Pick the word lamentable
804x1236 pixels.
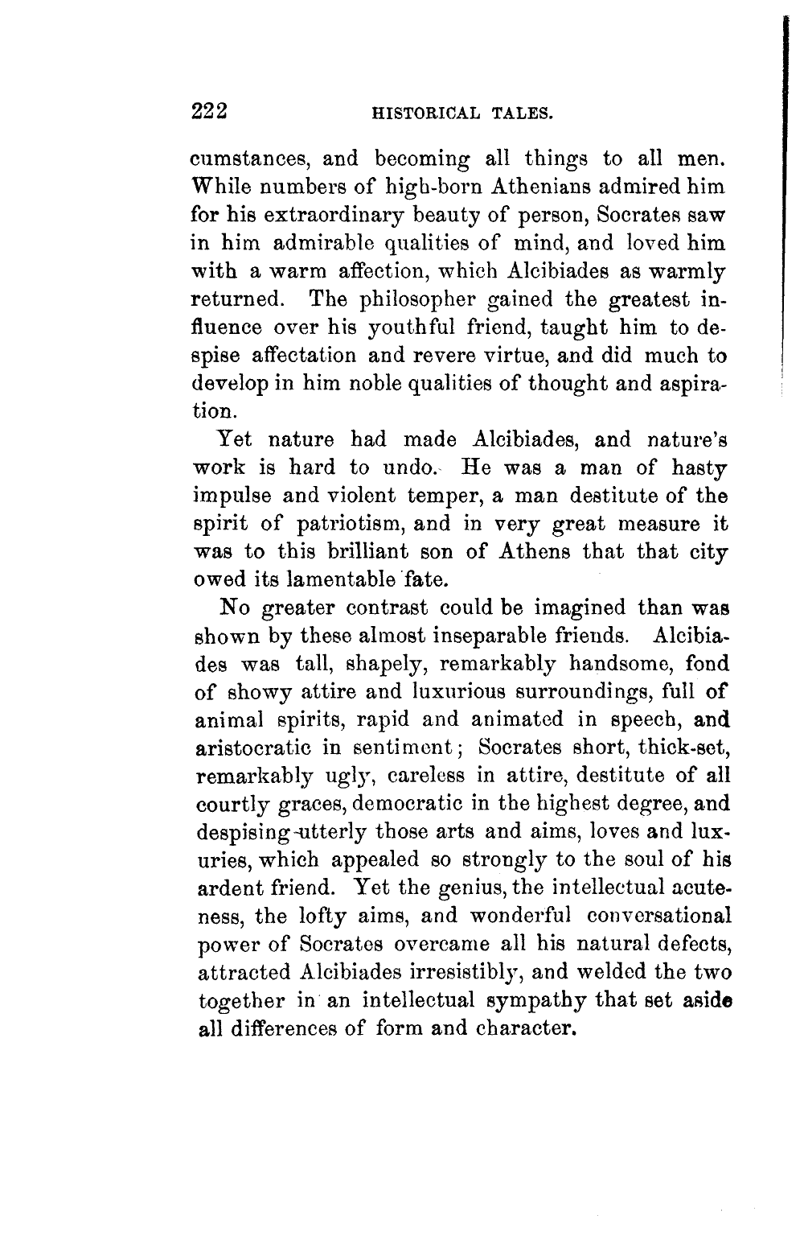(x=358, y=579)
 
